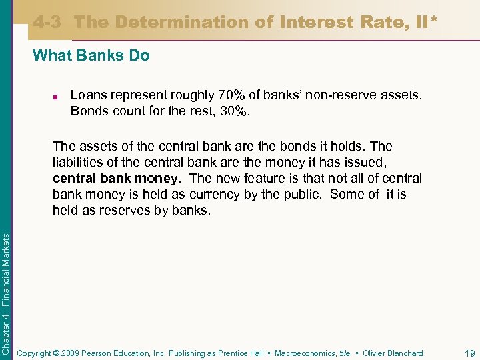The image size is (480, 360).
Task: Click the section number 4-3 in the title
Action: tap(47, 22)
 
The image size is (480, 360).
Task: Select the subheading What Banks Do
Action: tap(91, 55)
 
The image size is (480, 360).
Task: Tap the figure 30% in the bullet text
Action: tap(233, 111)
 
